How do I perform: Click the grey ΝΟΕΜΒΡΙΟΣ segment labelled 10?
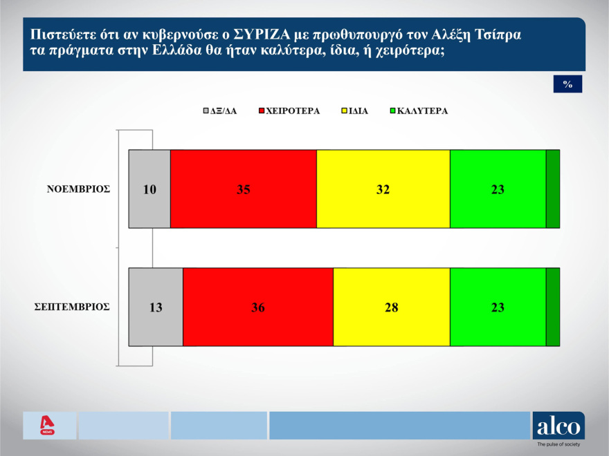(x=149, y=189)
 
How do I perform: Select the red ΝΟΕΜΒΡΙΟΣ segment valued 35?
(x=243, y=189)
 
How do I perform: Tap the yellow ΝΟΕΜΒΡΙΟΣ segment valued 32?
(x=383, y=189)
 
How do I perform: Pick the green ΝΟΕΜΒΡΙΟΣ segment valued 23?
(x=498, y=189)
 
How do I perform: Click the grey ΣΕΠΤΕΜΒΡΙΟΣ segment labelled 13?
(x=156, y=307)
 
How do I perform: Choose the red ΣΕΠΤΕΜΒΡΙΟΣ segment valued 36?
(x=257, y=307)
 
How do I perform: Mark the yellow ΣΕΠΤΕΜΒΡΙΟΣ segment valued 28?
(x=391, y=307)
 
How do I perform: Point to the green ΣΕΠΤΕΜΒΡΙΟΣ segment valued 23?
(x=498, y=307)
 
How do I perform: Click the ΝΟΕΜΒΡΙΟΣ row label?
(x=79, y=189)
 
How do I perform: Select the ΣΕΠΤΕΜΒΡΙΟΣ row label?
(x=73, y=307)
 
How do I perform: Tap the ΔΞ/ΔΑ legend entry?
(x=220, y=111)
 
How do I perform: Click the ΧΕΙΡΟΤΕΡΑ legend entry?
(x=289, y=111)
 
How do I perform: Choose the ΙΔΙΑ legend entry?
(x=356, y=111)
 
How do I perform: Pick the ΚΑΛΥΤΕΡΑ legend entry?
(x=419, y=111)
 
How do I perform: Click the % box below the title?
(x=567, y=84)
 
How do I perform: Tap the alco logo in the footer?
(x=558, y=426)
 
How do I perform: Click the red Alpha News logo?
(x=47, y=425)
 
